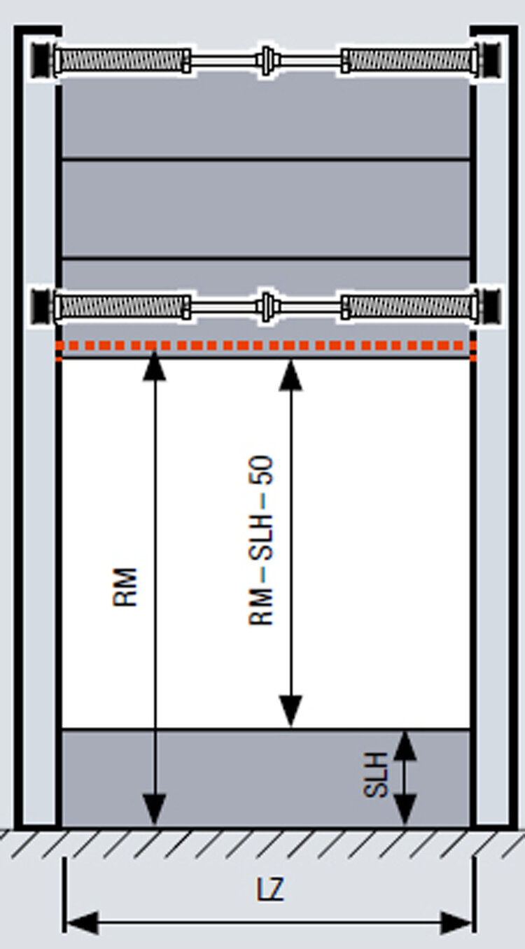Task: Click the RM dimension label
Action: [126, 586]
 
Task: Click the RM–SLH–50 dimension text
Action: [262, 540]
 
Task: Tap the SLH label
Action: [376, 775]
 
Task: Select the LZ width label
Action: [269, 890]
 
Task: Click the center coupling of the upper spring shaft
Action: [266, 60]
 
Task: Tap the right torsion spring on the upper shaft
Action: [409, 60]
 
